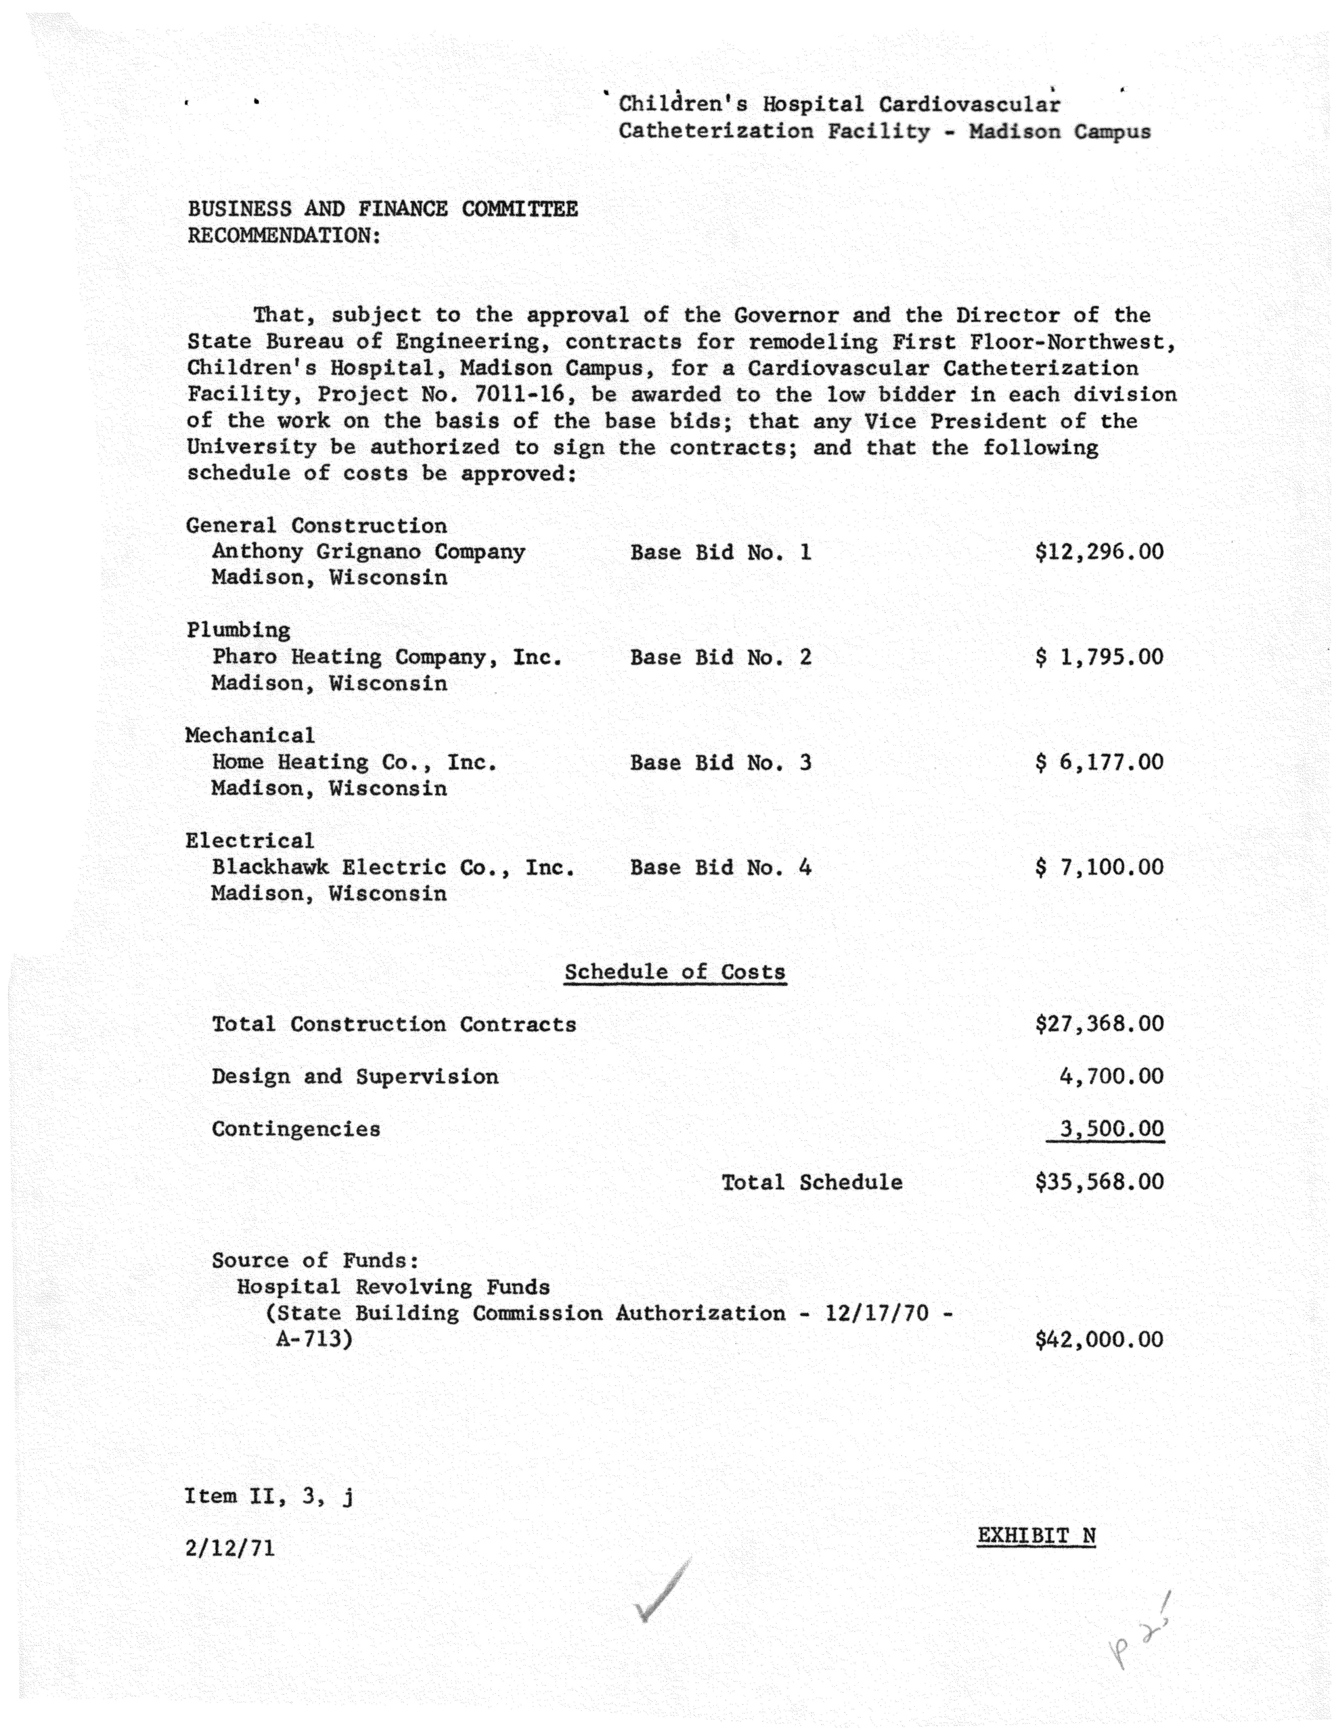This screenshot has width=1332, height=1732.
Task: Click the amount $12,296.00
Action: point(1099,552)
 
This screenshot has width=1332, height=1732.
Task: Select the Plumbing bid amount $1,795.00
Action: point(1099,658)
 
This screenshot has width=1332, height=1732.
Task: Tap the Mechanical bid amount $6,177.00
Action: point(1099,763)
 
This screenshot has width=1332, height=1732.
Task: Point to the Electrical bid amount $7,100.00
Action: point(1099,868)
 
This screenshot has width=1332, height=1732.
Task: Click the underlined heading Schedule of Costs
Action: point(675,972)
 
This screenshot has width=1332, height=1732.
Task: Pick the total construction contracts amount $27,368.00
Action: point(1099,1024)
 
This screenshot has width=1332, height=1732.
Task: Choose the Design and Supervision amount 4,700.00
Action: point(1111,1077)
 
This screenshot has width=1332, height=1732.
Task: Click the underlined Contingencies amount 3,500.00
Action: point(1111,1129)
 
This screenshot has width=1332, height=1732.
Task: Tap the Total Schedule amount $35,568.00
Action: point(1099,1182)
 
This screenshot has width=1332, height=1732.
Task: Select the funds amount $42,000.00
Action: point(1099,1340)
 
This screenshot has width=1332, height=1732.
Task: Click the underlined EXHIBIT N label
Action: point(1036,1536)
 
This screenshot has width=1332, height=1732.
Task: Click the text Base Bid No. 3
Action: point(721,763)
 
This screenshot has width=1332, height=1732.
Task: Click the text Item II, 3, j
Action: point(270,1497)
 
